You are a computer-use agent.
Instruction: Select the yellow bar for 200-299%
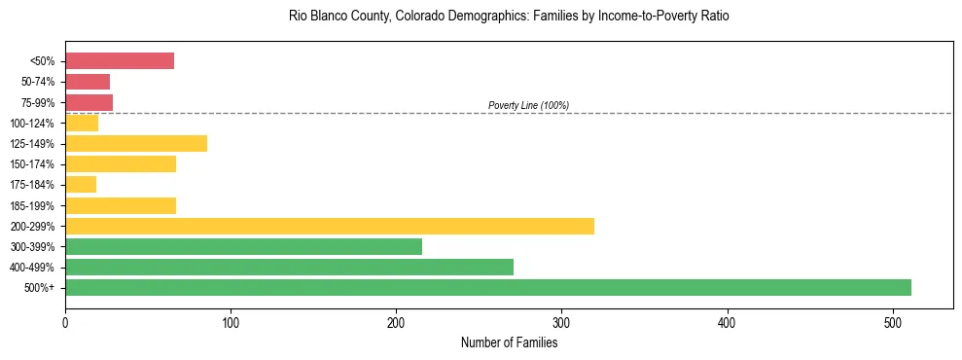point(330,226)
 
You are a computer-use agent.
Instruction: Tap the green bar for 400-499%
point(289,267)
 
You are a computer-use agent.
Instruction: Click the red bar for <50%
point(120,61)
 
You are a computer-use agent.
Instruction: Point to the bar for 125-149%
point(136,144)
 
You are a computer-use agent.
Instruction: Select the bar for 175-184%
point(81,185)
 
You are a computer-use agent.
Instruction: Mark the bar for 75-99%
point(89,102)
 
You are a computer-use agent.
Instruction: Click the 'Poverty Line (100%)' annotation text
point(528,105)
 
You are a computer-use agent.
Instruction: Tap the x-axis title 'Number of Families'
point(509,342)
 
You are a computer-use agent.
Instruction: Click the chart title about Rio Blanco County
point(509,17)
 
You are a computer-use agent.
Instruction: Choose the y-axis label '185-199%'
point(32,205)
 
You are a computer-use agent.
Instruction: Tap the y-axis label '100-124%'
point(32,124)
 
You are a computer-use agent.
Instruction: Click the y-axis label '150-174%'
point(32,164)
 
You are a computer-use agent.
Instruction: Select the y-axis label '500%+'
point(40,288)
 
